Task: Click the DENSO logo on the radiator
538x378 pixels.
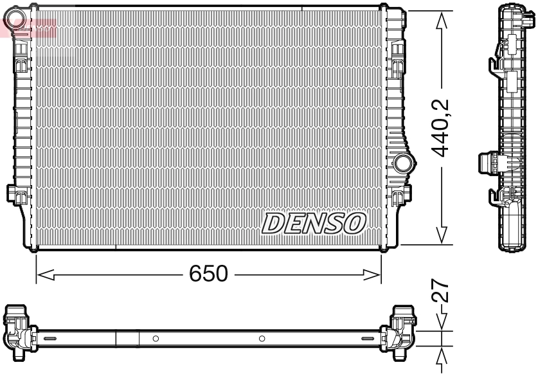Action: click(314, 222)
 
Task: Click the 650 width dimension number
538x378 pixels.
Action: click(208, 274)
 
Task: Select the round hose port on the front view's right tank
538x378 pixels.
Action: click(404, 163)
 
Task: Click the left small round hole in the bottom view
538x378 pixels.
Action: click(156, 338)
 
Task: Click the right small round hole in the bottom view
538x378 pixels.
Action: click(262, 338)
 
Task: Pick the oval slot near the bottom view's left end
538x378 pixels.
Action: click(49, 338)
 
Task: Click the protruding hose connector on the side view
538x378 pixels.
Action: click(489, 162)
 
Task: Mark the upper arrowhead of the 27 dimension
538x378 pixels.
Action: click(442, 325)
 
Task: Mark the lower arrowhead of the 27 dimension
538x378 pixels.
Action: click(442, 356)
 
